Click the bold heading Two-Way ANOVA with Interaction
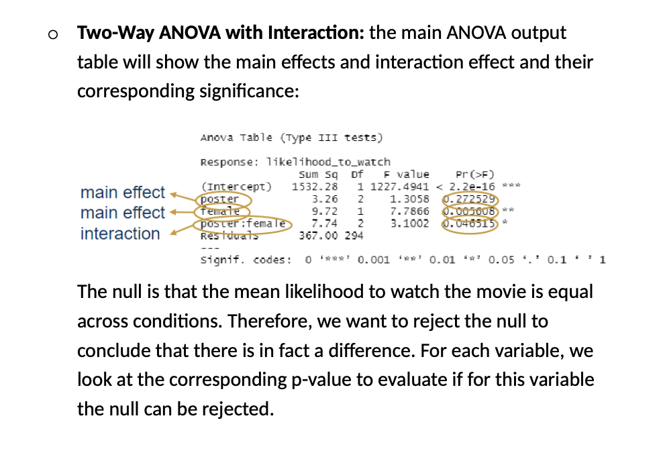(221, 33)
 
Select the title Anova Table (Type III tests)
(291, 138)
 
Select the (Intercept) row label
(237, 187)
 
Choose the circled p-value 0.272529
(469, 199)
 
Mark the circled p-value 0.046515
(469, 223)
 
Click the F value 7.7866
(409, 211)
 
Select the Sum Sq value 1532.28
(315, 187)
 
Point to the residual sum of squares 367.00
(321, 236)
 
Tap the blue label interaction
(120, 234)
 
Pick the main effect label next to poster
(122, 193)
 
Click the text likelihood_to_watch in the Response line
(328, 162)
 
